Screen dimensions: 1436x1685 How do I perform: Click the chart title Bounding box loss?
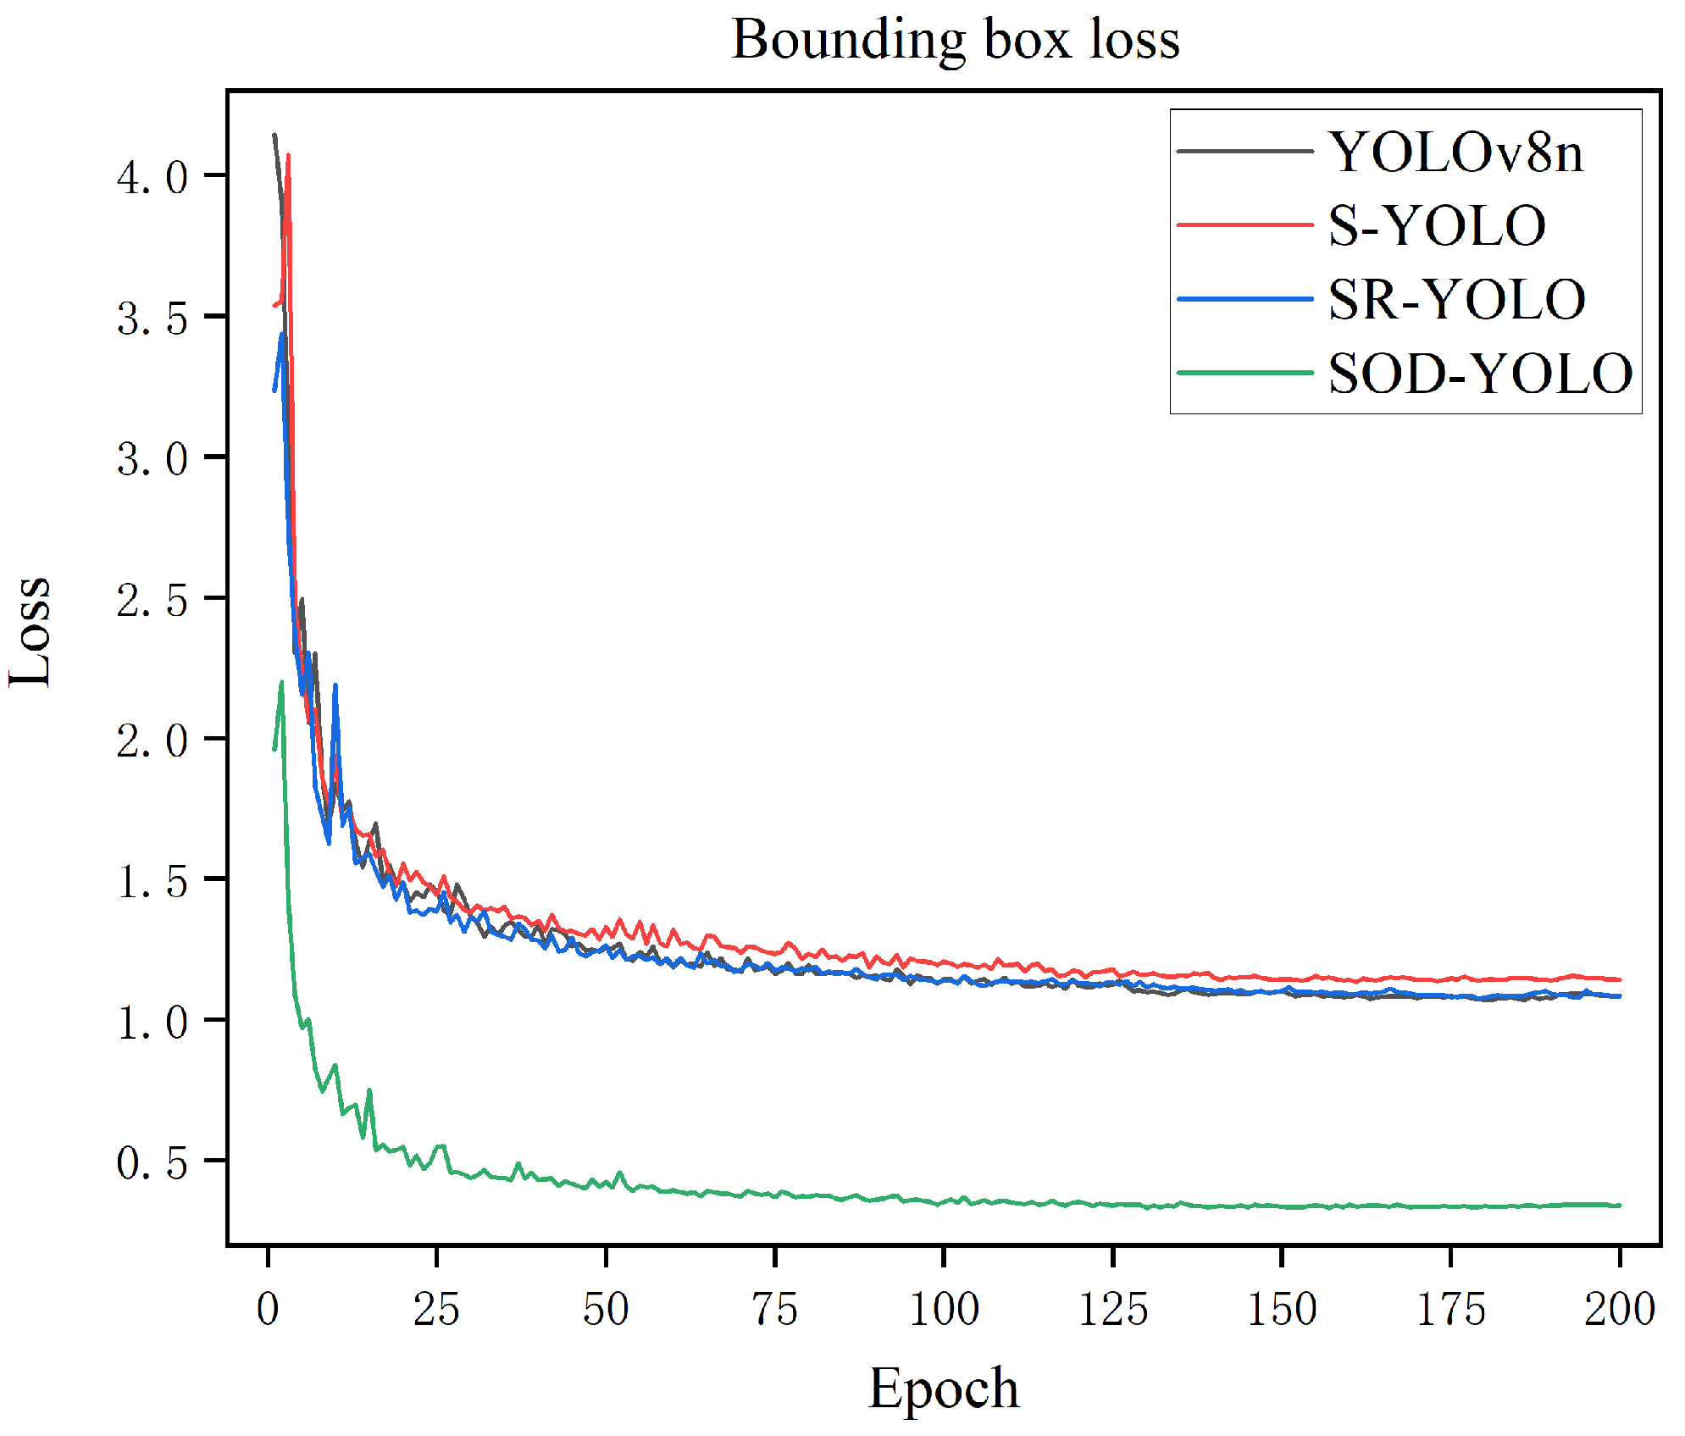[x=955, y=40]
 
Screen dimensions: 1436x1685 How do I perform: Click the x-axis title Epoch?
[x=944, y=1388]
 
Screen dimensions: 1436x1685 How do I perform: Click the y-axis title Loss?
[x=30, y=631]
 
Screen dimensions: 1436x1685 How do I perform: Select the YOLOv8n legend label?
[x=1455, y=152]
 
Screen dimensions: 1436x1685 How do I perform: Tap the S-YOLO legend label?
[x=1437, y=226]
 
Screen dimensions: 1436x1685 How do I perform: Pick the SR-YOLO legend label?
[x=1456, y=300]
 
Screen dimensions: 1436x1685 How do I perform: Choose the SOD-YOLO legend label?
[x=1480, y=374]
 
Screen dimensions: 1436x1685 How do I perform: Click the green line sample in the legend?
[x=1244, y=373]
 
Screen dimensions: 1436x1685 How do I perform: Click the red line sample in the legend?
[x=1244, y=225]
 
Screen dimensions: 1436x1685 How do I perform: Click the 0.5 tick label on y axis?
[x=152, y=1163]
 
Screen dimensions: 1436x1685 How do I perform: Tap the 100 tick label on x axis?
[x=944, y=1309]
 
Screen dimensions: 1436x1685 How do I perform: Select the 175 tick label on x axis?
[x=1451, y=1309]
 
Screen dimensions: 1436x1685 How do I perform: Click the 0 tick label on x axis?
[x=268, y=1309]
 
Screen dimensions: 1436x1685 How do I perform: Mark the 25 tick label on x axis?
[x=436, y=1309]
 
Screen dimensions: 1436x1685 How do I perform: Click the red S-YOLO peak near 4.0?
[x=289, y=156]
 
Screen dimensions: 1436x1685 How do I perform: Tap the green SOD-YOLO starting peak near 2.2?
[x=281, y=683]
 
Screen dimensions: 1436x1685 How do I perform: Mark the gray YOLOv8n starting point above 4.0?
[x=274, y=135]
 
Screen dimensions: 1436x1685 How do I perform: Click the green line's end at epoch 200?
[x=1619, y=1205]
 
